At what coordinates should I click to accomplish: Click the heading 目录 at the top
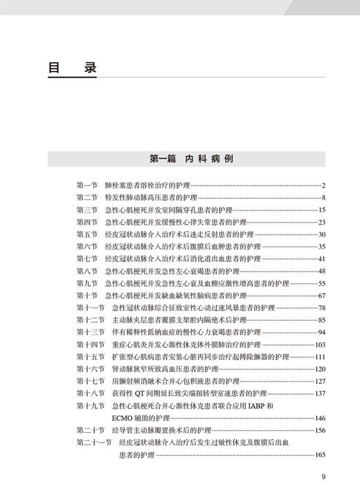point(72,70)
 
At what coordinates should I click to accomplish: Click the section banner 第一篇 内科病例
point(192,158)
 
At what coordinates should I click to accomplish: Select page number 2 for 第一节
point(323,185)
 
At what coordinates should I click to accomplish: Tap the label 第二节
point(87,197)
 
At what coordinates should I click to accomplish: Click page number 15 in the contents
point(321,209)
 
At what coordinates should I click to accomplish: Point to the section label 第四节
point(87,222)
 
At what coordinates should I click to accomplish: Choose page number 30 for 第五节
point(321,234)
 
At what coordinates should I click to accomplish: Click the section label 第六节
point(87,246)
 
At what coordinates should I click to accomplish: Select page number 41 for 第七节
point(321,258)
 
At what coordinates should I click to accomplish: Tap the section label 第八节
point(87,271)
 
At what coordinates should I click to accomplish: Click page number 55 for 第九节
point(321,283)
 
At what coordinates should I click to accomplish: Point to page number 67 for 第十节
point(321,295)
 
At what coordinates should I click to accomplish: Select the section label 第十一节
point(90,308)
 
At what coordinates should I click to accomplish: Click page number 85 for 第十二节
point(321,319)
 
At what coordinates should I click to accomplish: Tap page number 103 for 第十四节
point(320,344)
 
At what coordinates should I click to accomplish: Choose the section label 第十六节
point(90,368)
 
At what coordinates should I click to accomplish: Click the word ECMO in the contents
point(123,418)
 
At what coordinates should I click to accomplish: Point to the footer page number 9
point(323,476)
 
